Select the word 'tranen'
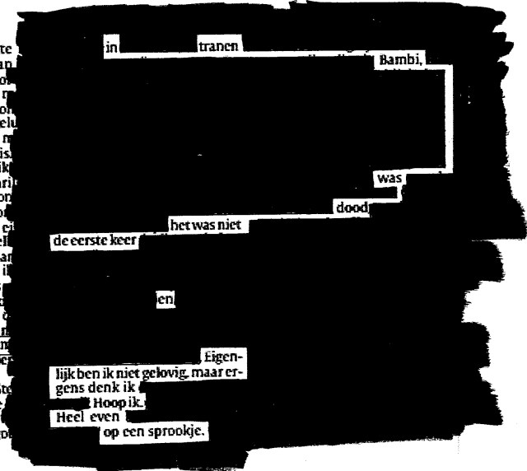click(x=219, y=48)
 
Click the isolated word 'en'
click(x=166, y=301)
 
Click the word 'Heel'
click(x=66, y=417)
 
